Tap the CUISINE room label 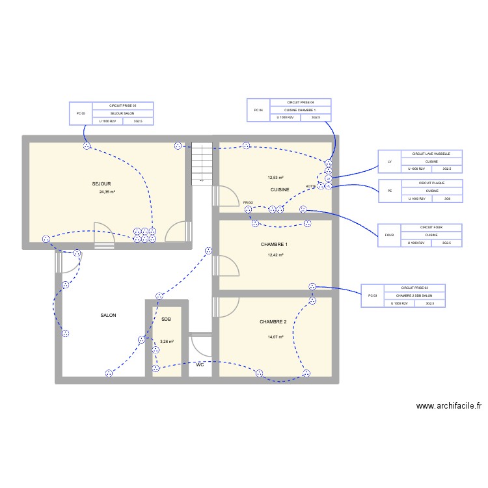tap(280, 189)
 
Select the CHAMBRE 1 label tap(273, 245)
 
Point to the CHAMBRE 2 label tap(273, 322)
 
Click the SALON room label tap(108, 316)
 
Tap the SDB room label tap(166, 319)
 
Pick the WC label tap(200, 365)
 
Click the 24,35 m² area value tap(107, 193)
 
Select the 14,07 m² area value tap(275, 337)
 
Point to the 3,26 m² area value tap(167, 342)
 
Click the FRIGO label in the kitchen tap(248, 203)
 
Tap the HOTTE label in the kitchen tap(310, 187)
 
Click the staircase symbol tap(202, 163)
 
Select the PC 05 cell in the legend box tap(81, 113)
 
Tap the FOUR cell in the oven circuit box tap(389, 236)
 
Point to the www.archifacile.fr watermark tap(449, 405)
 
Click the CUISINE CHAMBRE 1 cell tap(300, 111)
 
